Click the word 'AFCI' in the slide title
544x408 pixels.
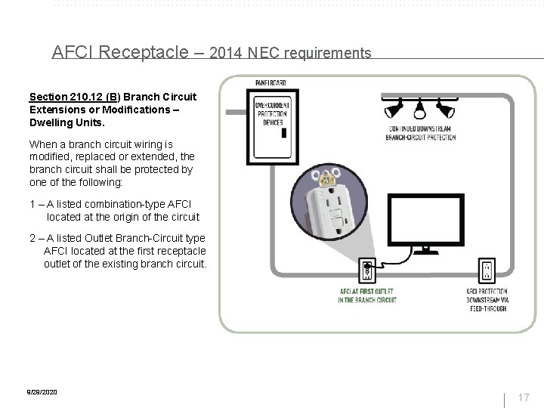tap(73, 52)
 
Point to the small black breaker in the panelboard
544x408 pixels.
tap(283, 132)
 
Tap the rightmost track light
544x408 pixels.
tap(450, 110)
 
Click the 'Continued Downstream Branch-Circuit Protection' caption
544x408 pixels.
tap(420, 133)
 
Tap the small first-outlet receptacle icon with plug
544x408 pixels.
tap(368, 270)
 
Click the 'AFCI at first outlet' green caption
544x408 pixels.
tap(368, 295)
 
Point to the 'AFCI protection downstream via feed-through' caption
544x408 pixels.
tap(487, 299)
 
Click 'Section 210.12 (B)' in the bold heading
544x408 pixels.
tap(73, 97)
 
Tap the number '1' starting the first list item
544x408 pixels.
tap(32, 204)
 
